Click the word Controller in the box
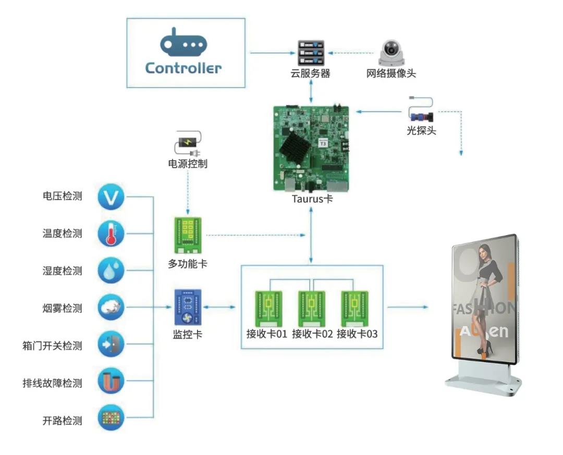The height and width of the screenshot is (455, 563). [x=183, y=68]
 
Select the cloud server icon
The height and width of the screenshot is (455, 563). [x=311, y=52]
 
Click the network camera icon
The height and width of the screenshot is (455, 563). [x=391, y=52]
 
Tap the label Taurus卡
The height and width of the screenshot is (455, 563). [x=312, y=199]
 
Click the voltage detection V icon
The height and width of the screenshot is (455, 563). [x=111, y=196]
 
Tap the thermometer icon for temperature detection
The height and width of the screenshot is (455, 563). [x=111, y=233]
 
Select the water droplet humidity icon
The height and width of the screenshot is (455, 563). [x=111, y=270]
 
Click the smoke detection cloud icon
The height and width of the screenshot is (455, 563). [x=111, y=308]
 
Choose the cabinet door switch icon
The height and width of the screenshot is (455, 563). [x=111, y=345]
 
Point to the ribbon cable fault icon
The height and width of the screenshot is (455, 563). [x=111, y=382]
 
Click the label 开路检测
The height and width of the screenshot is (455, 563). [x=62, y=421]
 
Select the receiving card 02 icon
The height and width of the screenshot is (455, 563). [x=312, y=309]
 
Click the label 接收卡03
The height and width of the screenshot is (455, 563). [x=357, y=334]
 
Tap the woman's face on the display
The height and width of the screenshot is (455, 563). [x=484, y=252]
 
